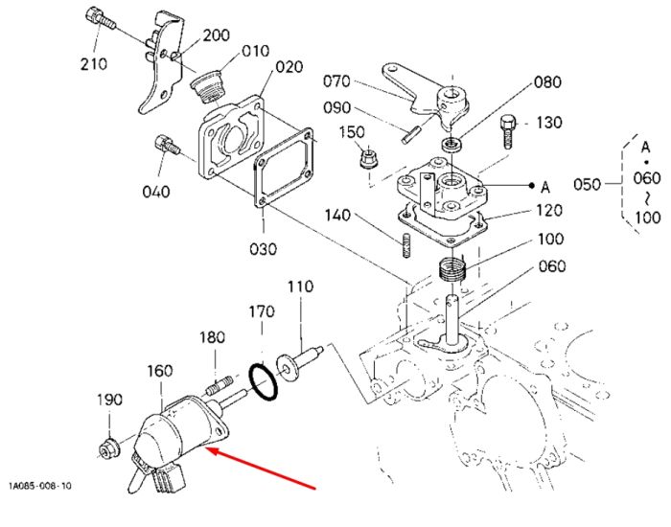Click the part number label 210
tap(93, 64)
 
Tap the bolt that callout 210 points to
tap(101, 18)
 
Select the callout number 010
tap(256, 51)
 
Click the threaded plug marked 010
tap(206, 87)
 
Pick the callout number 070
tap(336, 81)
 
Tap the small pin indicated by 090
tap(412, 134)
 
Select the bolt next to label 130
tap(508, 132)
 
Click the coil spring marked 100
tap(451, 268)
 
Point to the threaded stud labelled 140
tap(406, 244)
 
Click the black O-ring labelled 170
tap(263, 382)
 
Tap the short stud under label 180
tap(220, 384)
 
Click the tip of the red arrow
tap(207, 448)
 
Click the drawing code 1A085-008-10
tap(40, 486)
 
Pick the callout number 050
tap(587, 184)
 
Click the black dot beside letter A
tap(531, 185)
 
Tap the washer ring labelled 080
tap(451, 144)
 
